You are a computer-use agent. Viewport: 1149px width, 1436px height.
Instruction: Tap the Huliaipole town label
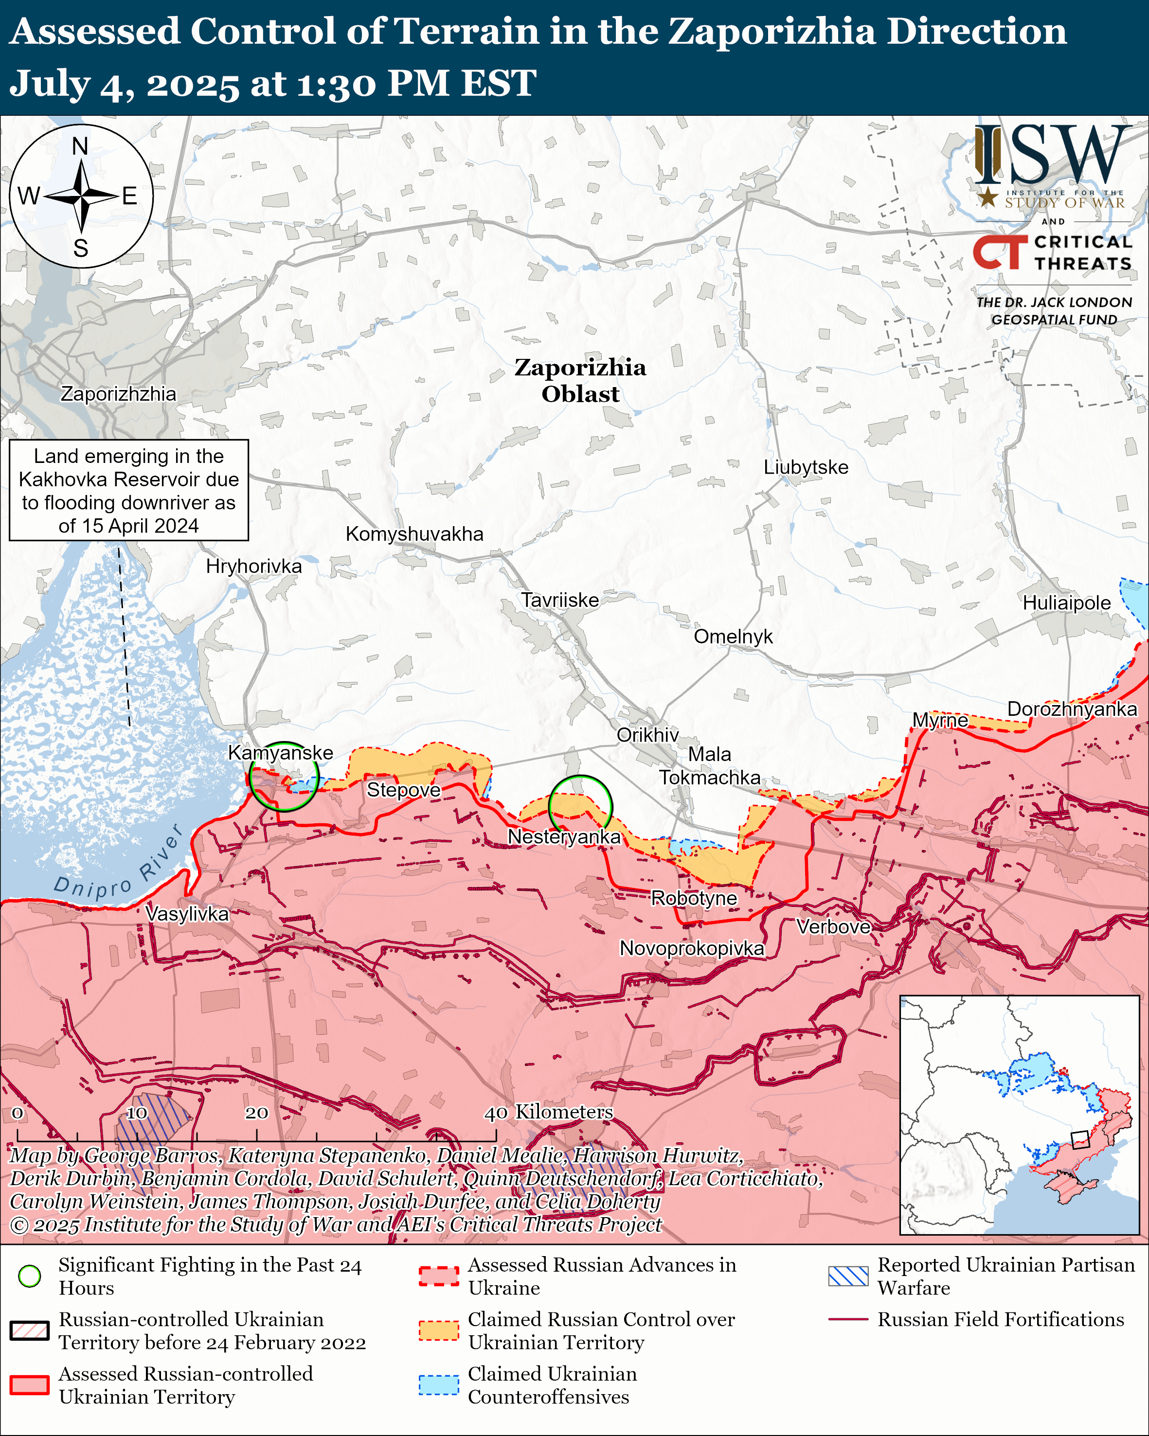click(1066, 603)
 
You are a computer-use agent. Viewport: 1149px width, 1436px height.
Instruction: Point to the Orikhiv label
click(647, 735)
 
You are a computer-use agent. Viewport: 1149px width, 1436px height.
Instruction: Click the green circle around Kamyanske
click(284, 776)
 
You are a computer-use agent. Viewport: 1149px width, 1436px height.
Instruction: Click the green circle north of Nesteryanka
click(580, 807)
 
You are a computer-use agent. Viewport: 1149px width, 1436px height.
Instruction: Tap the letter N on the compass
click(80, 146)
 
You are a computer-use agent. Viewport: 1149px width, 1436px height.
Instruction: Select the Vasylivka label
click(187, 914)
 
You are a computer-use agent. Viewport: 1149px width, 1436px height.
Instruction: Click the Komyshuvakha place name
click(414, 533)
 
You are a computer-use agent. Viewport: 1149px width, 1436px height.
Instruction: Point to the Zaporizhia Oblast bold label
click(580, 380)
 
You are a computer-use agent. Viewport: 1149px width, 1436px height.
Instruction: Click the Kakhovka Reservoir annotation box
click(128, 490)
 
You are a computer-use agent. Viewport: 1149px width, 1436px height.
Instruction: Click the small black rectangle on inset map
click(1080, 1139)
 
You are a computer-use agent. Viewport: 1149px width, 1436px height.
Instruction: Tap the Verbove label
click(833, 926)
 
